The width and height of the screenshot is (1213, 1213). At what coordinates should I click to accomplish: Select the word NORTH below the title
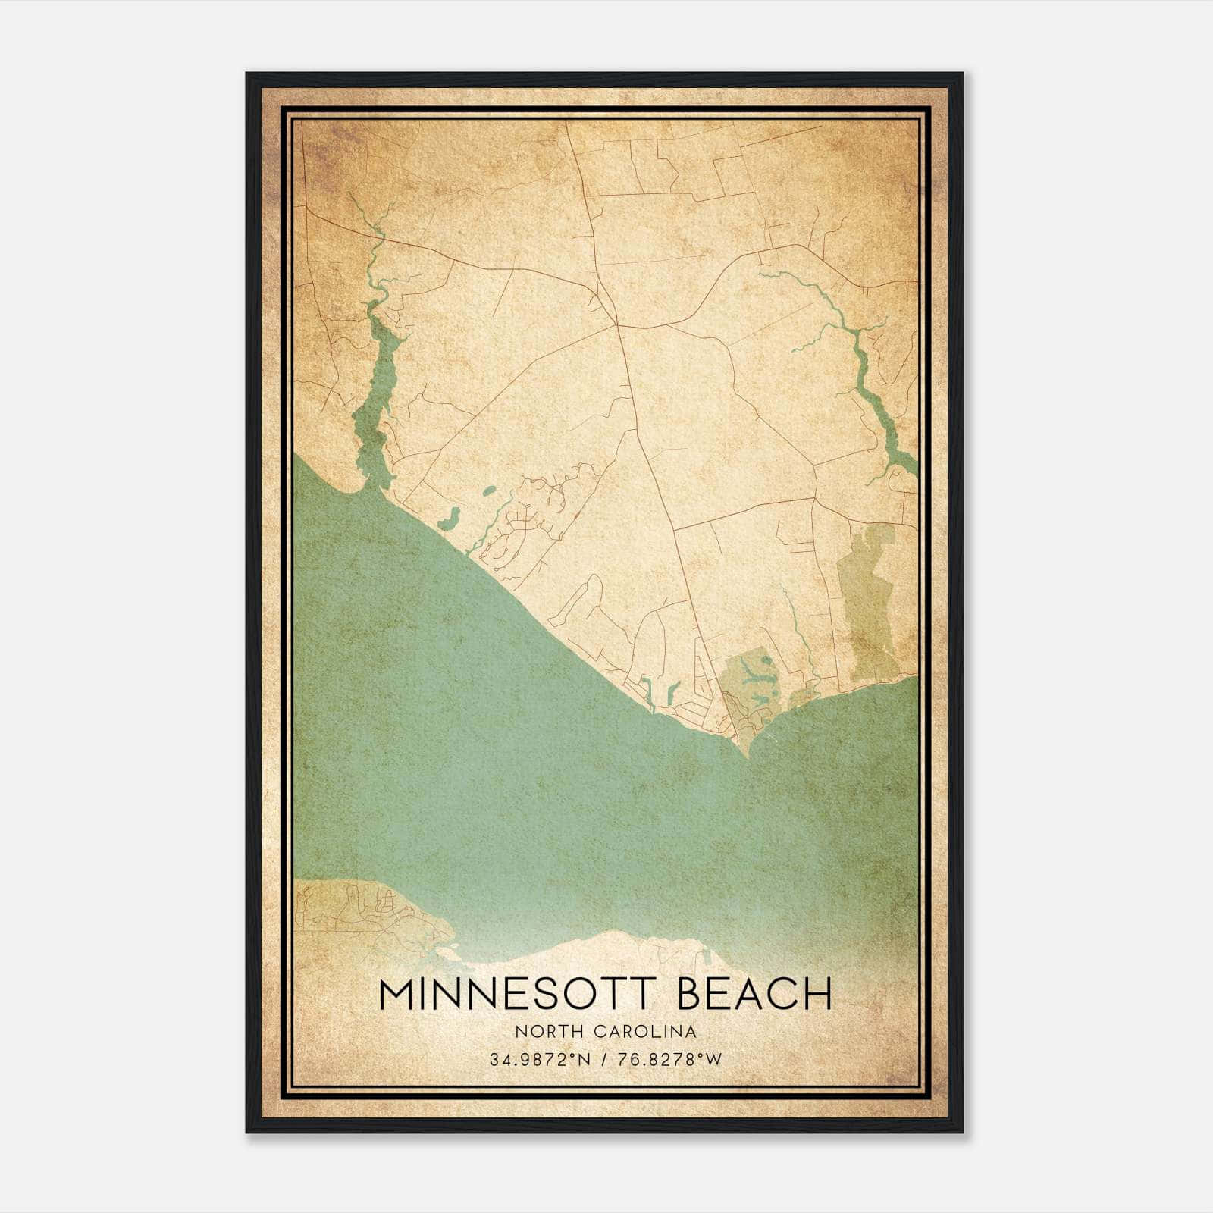click(541, 1031)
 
